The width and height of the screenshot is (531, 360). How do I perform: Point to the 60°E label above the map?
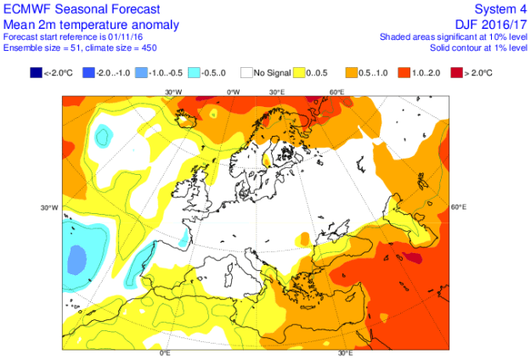(x=336, y=91)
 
